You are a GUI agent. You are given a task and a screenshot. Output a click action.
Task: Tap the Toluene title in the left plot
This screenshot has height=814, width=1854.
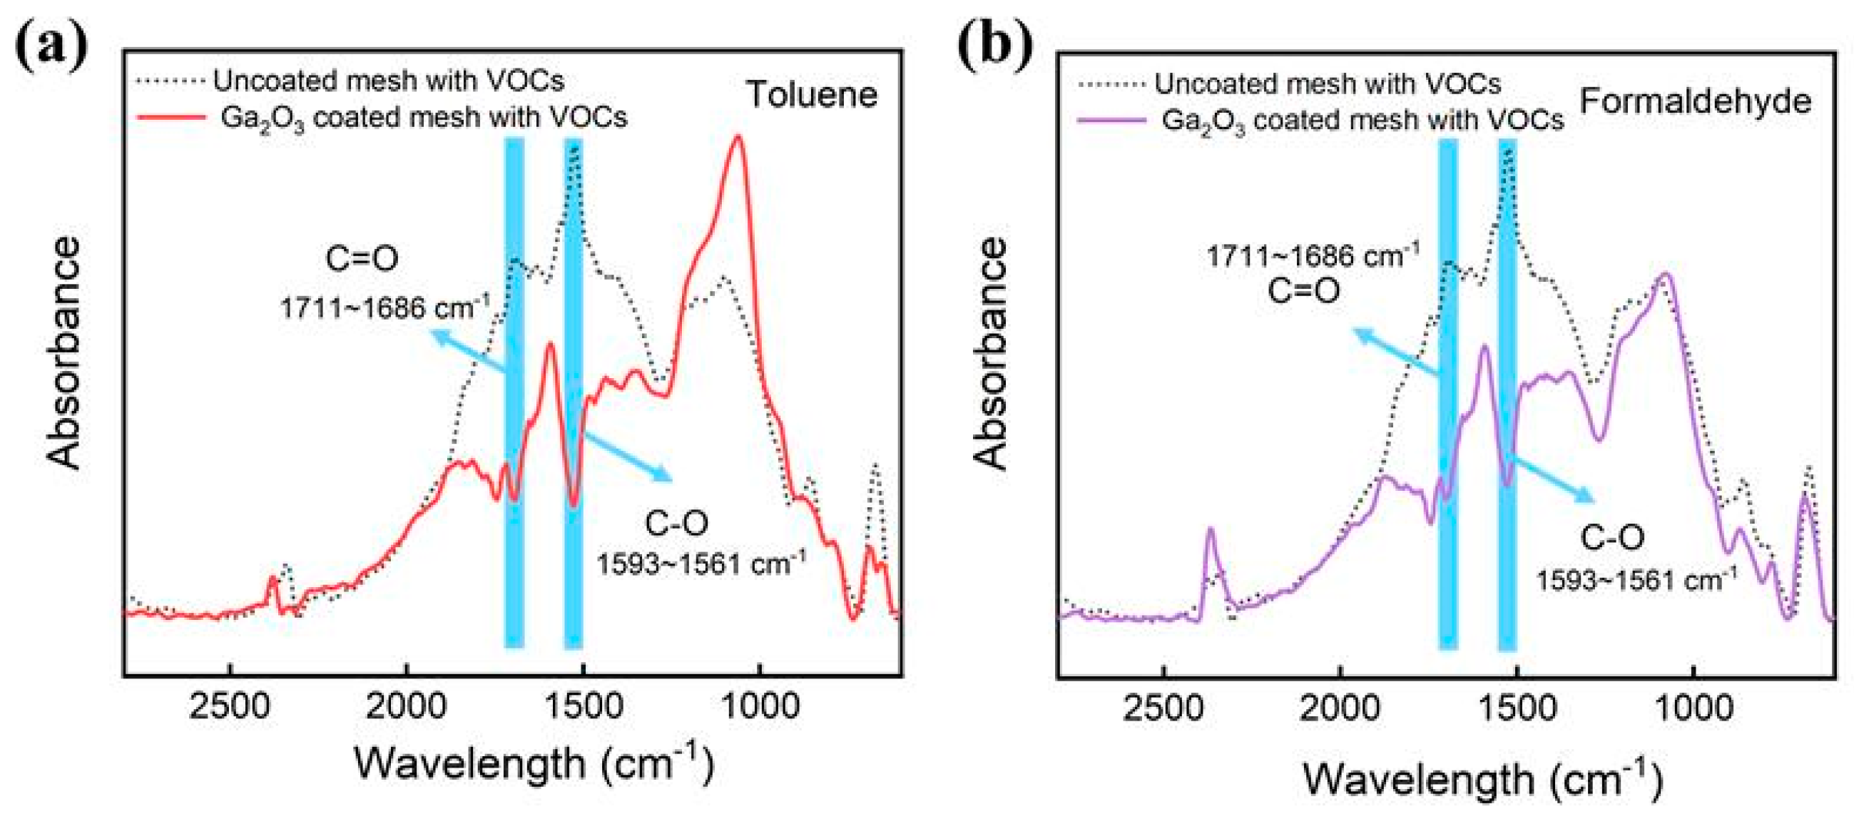tap(811, 94)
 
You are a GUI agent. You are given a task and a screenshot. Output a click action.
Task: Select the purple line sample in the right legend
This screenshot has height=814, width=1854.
tap(1111, 121)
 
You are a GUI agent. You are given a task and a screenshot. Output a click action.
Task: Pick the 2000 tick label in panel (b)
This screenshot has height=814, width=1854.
tap(1340, 709)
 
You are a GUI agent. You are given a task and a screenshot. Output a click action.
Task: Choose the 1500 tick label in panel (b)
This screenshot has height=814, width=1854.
tap(1517, 709)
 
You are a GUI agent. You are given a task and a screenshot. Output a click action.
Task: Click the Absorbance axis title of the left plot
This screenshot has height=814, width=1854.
tap(63, 352)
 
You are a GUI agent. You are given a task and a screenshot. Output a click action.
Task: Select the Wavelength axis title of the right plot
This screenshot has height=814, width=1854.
tap(1482, 780)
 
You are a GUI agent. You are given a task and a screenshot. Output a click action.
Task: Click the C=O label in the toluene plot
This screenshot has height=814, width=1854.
tap(361, 258)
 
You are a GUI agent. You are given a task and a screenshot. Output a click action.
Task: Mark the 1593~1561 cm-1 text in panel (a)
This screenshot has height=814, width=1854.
tap(701, 564)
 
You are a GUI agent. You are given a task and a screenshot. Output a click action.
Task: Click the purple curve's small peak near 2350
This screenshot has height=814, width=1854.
tap(1210, 530)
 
